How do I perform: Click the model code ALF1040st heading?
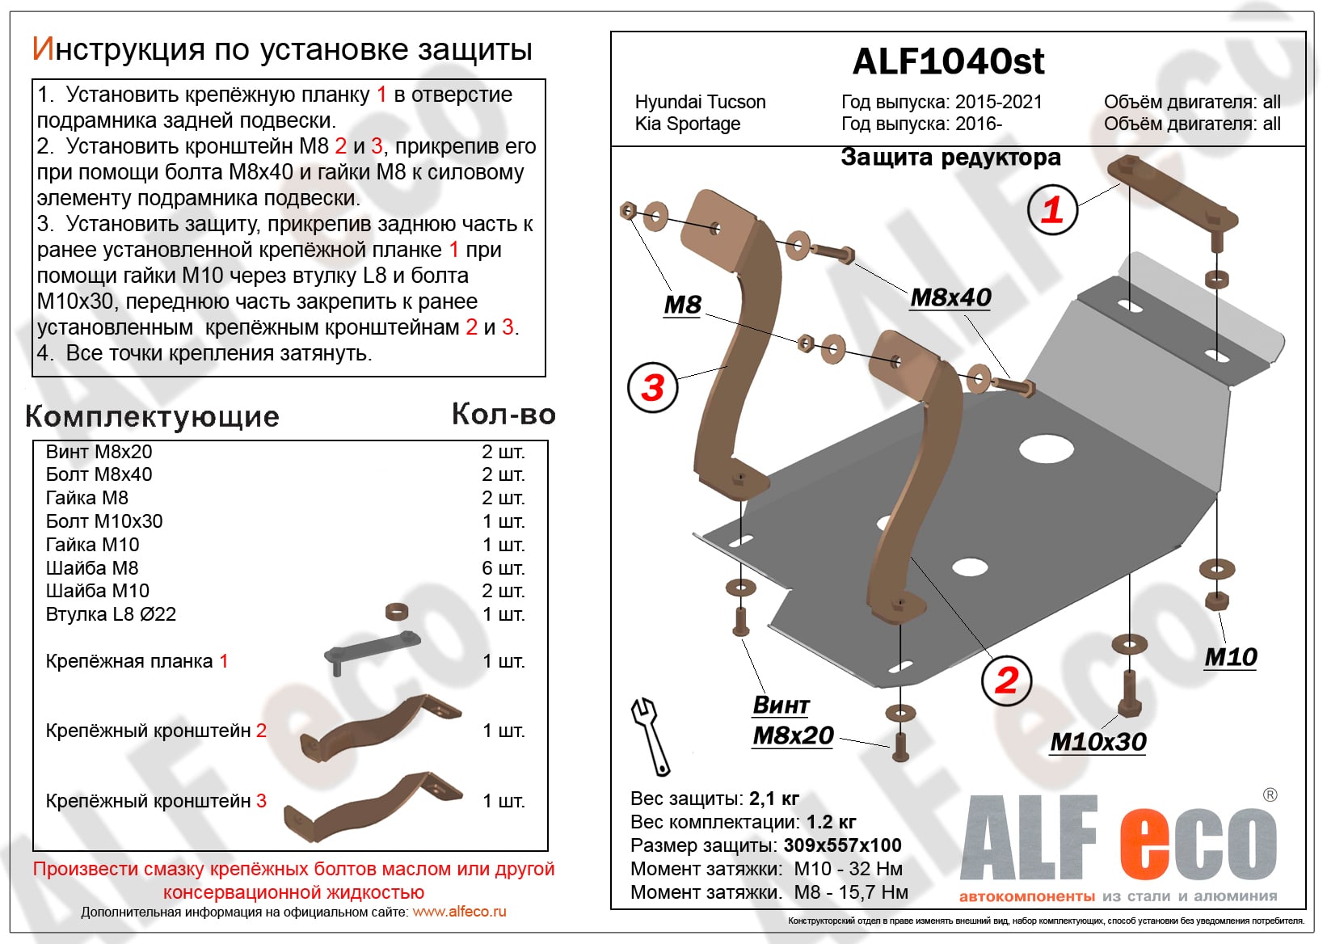[x=948, y=61]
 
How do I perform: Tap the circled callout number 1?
[x=1051, y=209]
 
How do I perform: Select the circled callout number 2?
[x=1006, y=680]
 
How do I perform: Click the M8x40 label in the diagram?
[x=950, y=297]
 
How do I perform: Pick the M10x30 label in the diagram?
[x=1097, y=741]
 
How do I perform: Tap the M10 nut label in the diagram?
[x=1230, y=657]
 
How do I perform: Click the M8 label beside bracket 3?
[x=682, y=305]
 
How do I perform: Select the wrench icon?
[x=650, y=735]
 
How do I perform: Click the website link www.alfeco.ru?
[x=459, y=912]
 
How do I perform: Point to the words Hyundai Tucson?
[x=700, y=102]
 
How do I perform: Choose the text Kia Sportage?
[x=687, y=124]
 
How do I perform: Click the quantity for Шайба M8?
[x=503, y=568]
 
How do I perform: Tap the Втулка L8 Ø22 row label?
[x=111, y=614]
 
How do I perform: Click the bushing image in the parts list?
[x=395, y=611]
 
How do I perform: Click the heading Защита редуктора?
[x=950, y=157]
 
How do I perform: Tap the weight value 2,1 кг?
[x=773, y=799]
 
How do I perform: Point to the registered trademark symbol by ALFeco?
[x=1270, y=795]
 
